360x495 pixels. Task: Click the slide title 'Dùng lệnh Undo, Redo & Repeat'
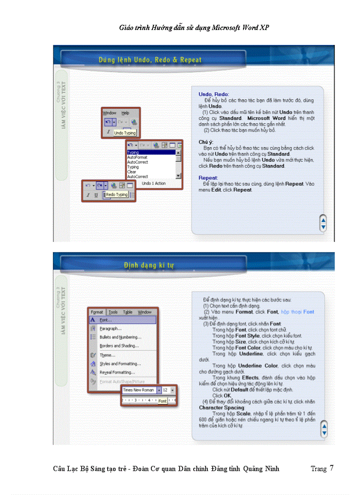150,60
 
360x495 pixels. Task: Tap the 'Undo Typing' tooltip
125,133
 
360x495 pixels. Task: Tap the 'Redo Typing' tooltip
116,194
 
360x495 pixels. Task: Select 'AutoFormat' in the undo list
137,157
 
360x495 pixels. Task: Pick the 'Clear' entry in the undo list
132,172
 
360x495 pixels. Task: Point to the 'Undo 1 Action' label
154,183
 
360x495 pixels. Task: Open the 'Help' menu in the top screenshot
126,113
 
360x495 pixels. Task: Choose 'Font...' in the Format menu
106,320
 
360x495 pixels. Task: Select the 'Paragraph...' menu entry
110,328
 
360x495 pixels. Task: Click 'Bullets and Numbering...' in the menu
120,337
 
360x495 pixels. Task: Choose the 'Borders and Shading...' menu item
119,346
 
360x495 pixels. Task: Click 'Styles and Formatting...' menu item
120,364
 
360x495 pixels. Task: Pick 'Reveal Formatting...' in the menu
117,372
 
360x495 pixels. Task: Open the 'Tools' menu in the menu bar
113,312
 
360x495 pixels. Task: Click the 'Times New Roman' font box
139,390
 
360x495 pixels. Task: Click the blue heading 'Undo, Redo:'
214,94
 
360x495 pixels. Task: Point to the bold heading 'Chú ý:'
206,142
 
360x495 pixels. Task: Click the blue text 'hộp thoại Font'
297,312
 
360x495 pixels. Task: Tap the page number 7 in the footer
331,468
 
